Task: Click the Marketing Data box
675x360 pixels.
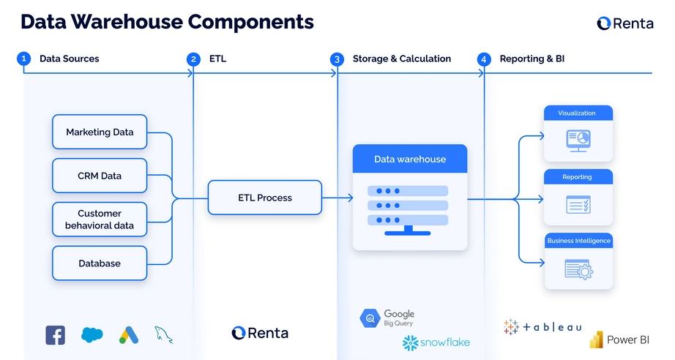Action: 100,132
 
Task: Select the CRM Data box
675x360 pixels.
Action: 100,176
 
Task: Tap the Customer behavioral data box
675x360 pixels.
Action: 100,220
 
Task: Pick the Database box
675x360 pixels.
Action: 100,263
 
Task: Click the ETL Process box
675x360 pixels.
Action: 264,198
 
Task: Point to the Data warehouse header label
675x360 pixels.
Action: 409,159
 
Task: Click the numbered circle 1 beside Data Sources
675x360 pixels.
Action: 24,59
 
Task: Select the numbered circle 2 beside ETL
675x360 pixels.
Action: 193,59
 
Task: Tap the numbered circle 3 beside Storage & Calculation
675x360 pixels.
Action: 337,59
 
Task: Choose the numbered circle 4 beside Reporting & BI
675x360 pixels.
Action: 484,59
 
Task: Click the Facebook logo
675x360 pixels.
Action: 56,335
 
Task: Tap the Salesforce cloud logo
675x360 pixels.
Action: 92,335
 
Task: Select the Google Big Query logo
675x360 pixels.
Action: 387,318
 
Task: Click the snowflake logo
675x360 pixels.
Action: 436,342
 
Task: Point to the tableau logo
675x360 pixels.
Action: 542,327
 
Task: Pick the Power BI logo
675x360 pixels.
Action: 619,340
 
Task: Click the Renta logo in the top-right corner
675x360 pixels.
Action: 624,23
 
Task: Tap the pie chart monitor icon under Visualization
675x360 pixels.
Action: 578,139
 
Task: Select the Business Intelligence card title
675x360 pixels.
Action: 578,241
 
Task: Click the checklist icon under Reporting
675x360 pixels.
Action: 578,204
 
